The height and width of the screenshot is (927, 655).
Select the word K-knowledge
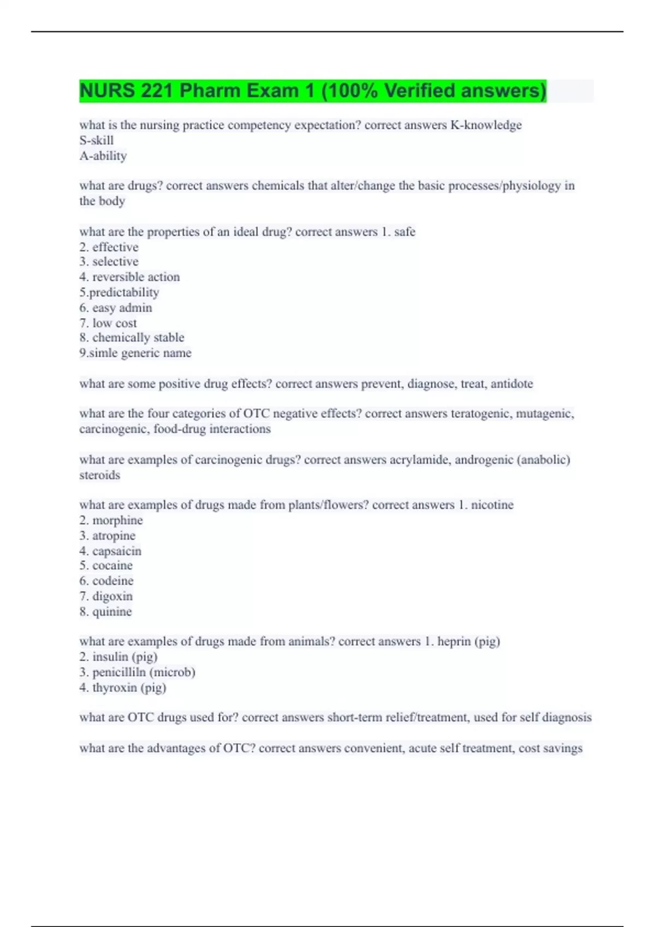[x=486, y=125]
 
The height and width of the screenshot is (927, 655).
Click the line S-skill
[x=96, y=140]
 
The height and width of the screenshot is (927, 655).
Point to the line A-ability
[x=103, y=156]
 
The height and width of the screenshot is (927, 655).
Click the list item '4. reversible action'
[x=129, y=277]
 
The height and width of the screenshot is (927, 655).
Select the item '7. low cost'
[x=108, y=323]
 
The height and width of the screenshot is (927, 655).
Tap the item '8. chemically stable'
[x=132, y=338]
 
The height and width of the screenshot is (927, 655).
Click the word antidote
[x=511, y=384]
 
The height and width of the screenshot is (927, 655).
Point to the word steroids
[x=99, y=475]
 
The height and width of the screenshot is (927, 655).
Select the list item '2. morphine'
[x=111, y=520]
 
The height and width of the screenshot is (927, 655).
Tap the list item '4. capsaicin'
[x=110, y=551]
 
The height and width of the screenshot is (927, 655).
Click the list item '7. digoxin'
[x=106, y=596]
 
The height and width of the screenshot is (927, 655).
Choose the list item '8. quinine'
[x=105, y=611]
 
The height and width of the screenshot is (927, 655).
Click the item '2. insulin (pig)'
[x=118, y=657]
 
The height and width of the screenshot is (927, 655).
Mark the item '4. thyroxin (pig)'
[x=123, y=688]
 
